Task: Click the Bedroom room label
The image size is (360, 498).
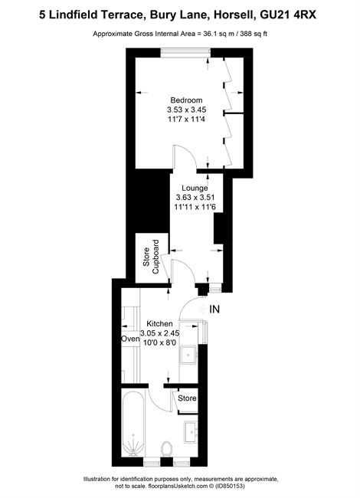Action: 186,100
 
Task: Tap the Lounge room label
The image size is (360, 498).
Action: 195,188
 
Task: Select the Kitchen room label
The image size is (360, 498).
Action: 159,323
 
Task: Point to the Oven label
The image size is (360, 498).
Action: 130,339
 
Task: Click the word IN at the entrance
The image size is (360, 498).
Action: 214,309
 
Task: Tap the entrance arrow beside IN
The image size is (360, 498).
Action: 202,309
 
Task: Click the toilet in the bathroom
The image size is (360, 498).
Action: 167,449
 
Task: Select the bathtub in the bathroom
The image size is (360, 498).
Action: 133,424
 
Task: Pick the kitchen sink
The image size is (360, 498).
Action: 189,355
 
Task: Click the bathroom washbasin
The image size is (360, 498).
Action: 191,431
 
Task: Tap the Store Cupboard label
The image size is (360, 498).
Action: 150,257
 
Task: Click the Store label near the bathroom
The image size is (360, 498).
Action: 187,398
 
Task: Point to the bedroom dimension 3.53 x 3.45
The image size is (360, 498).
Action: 187,110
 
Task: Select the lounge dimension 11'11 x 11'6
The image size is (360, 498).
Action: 195,207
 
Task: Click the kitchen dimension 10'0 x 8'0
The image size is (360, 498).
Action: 159,342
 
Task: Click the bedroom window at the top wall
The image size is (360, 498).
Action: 185,53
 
